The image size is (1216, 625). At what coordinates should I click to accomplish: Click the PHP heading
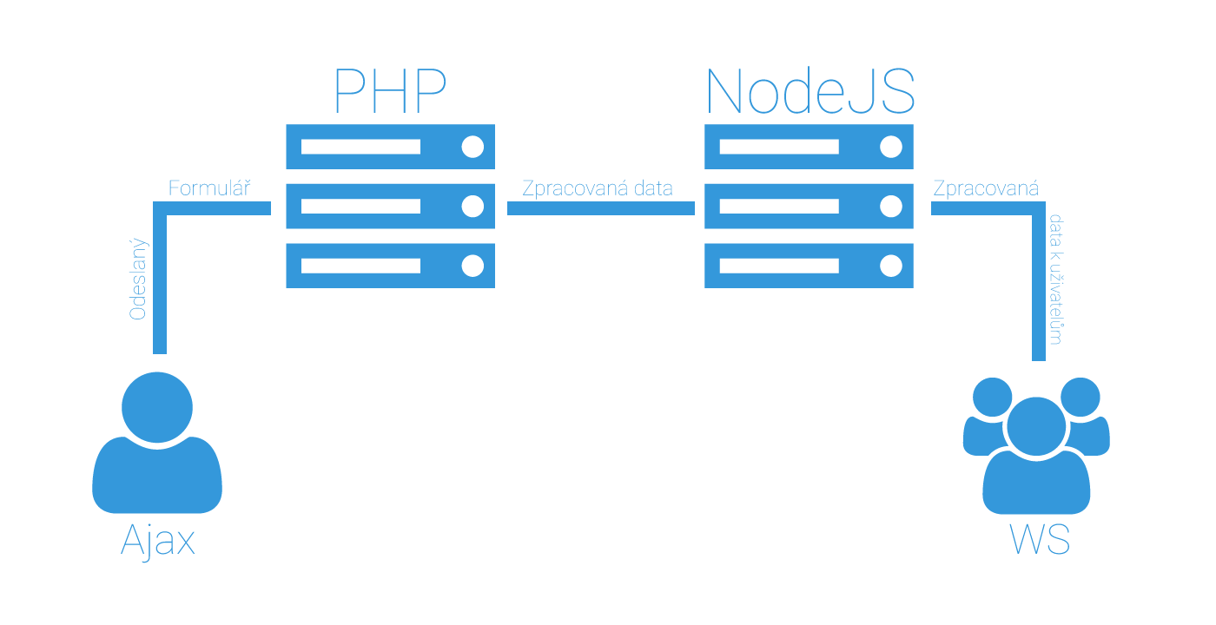pyautogui.click(x=390, y=90)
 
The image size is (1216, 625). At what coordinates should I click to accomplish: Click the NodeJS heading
pyautogui.click(x=810, y=90)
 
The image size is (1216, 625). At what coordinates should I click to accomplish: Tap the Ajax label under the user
pyautogui.click(x=158, y=540)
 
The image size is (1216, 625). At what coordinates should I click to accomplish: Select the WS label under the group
pyautogui.click(x=1040, y=540)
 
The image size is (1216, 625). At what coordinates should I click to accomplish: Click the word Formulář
pyautogui.click(x=209, y=188)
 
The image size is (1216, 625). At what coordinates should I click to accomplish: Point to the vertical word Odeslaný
pyautogui.click(x=138, y=280)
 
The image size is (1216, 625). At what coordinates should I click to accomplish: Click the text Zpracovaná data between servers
pyautogui.click(x=598, y=188)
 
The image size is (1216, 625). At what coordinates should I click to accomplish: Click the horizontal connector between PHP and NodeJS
pyautogui.click(x=600, y=208)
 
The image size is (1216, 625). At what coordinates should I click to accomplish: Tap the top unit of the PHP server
pyautogui.click(x=390, y=147)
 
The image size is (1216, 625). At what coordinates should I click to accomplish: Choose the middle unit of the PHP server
pyautogui.click(x=390, y=206)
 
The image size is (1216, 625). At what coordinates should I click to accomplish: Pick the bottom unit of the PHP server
pyautogui.click(x=390, y=266)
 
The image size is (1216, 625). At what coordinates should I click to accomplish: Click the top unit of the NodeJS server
pyautogui.click(x=809, y=147)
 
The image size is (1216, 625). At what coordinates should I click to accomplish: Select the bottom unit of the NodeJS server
pyautogui.click(x=809, y=266)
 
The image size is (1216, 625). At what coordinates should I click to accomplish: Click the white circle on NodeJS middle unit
pyautogui.click(x=890, y=206)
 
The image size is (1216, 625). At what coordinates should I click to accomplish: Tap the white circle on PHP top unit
pyautogui.click(x=473, y=147)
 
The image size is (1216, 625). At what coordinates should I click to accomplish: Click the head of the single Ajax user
pyautogui.click(x=157, y=407)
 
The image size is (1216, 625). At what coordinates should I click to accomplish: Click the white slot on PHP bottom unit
pyautogui.click(x=360, y=266)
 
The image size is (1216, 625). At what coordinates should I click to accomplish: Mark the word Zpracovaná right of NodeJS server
pyautogui.click(x=985, y=188)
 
